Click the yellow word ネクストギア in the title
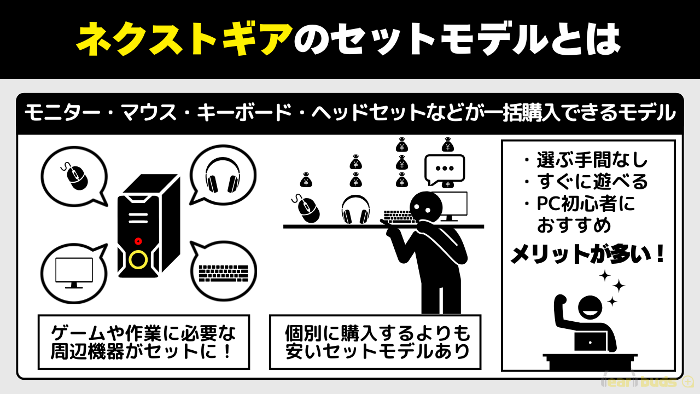click(184, 39)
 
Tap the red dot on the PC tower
click(138, 241)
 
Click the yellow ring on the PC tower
click(138, 259)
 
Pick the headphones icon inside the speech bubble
click(223, 176)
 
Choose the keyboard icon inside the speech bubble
click(224, 273)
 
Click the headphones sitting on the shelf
click(355, 209)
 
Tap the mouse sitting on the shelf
click(306, 208)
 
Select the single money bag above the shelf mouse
click(306, 180)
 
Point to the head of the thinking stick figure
click(426, 207)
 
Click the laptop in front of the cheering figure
click(590, 341)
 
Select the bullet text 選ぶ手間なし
click(592, 160)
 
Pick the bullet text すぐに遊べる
click(592, 181)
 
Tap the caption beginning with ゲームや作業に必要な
click(143, 342)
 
